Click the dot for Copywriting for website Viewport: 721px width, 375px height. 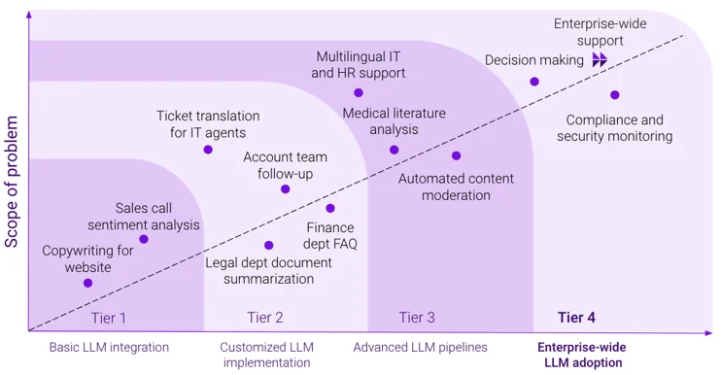pos(87,283)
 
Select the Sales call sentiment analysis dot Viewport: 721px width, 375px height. pos(144,239)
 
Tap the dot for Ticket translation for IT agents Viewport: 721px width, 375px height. pos(208,150)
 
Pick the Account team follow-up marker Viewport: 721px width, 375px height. pos(285,188)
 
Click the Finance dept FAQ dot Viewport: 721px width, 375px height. pos(330,208)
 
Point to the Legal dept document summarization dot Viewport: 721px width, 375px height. pos(269,245)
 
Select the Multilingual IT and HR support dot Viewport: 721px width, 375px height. pos(359,92)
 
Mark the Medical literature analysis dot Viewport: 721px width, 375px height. pos(394,150)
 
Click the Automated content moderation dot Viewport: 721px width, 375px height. pos(456,155)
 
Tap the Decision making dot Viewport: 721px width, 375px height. pos(534,82)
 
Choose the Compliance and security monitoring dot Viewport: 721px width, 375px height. pos(614,95)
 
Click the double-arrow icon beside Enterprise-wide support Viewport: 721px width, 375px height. pos(601,60)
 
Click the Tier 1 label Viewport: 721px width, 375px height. pos(109,318)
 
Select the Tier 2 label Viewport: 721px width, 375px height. pos(265,318)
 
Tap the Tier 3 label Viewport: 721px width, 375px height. pos(417,318)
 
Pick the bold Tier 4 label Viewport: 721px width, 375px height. pos(576,318)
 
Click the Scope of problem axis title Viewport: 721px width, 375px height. pos(13,181)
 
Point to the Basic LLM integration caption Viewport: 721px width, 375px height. pos(109,347)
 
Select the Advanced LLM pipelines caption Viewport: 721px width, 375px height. pos(420,347)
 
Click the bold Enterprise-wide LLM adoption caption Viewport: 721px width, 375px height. pos(582,355)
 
